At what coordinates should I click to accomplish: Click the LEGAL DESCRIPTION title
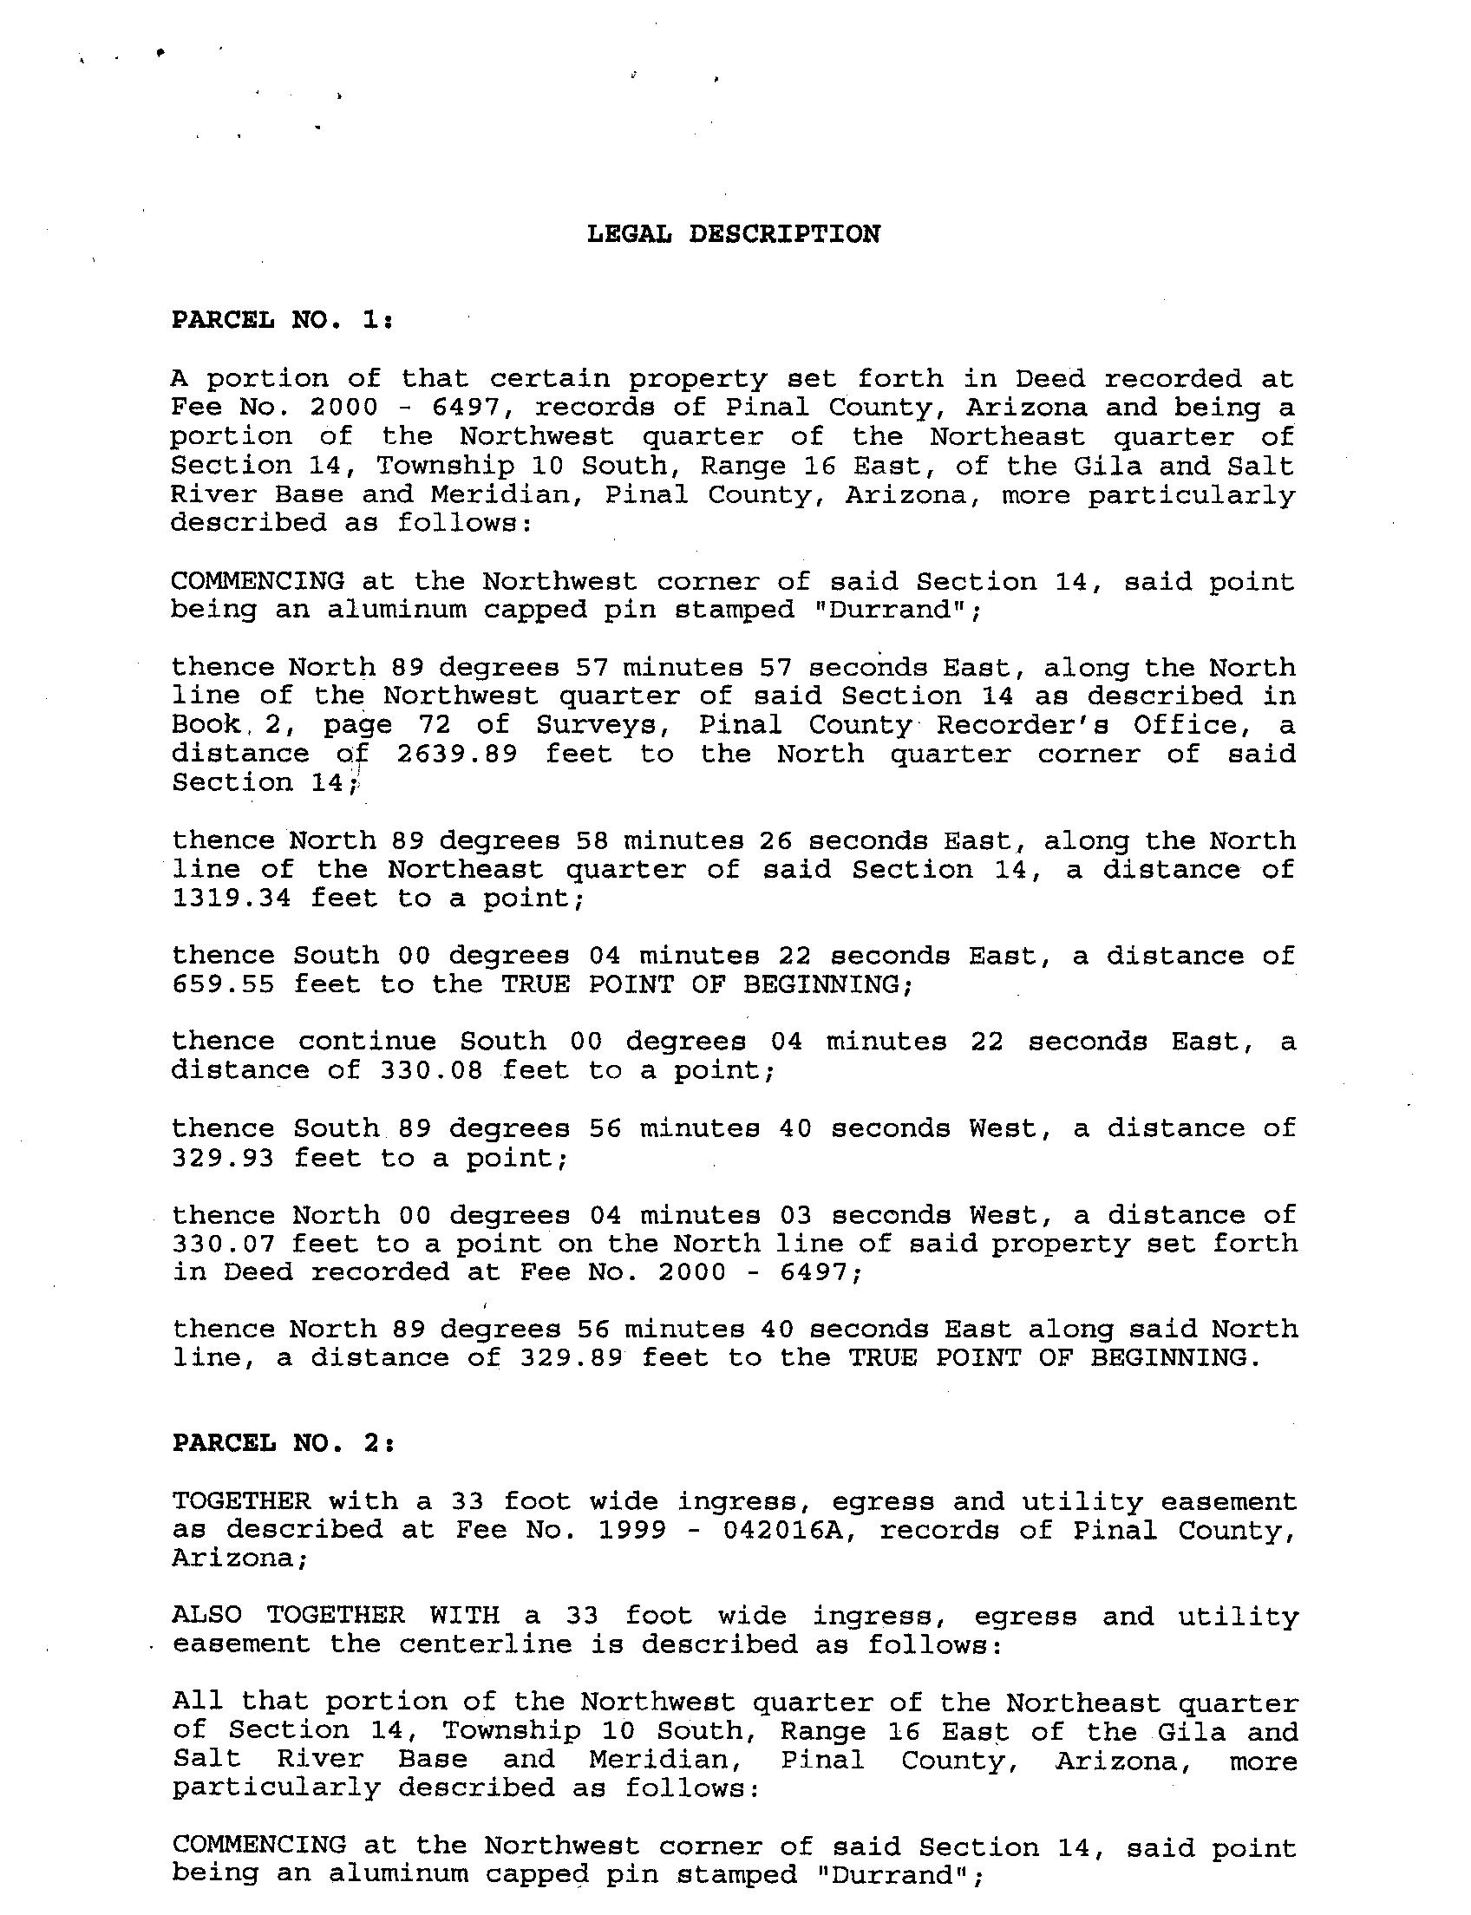point(734,234)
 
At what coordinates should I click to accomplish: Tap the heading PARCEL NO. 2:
point(284,1442)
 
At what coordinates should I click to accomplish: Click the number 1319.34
point(232,898)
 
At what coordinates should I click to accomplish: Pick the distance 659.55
point(223,984)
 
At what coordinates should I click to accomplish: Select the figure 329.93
point(223,1158)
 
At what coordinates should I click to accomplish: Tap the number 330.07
point(223,1244)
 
